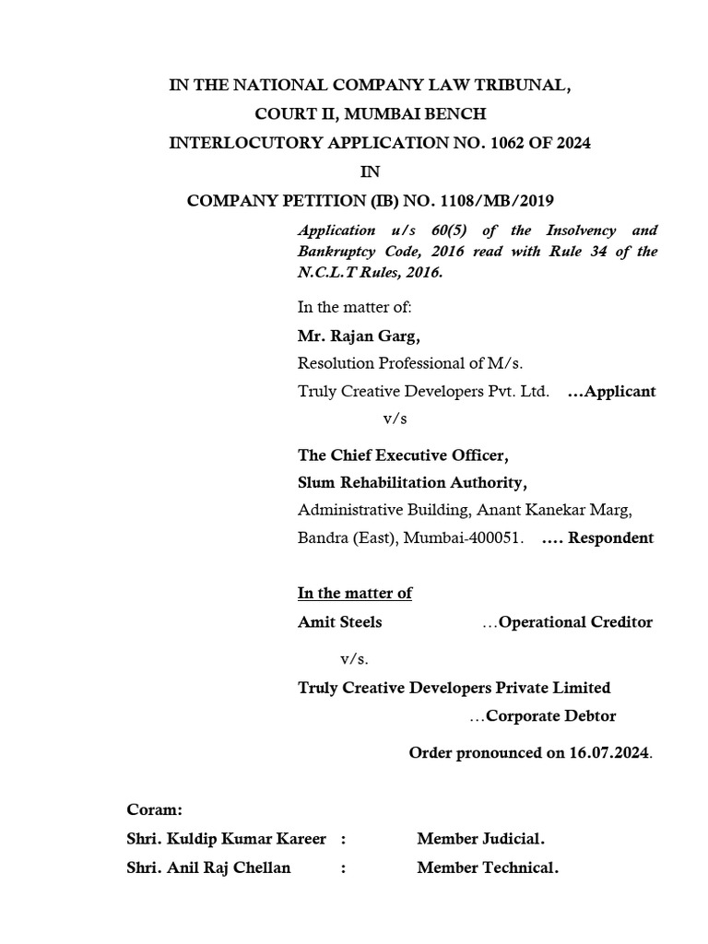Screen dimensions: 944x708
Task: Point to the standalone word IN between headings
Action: pyautogui.click(x=369, y=171)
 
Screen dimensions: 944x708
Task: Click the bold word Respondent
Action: pyautogui.click(x=610, y=537)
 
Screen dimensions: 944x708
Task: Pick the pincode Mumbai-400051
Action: pyautogui.click(x=468, y=537)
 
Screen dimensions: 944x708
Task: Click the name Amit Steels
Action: pyautogui.click(x=339, y=622)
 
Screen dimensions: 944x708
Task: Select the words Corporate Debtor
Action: pyautogui.click(x=550, y=716)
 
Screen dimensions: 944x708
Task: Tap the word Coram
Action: pyautogui.click(x=155, y=809)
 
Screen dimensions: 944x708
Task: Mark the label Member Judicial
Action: pyautogui.click(x=480, y=839)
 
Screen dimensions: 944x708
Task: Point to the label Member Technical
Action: pyautogui.click(x=488, y=867)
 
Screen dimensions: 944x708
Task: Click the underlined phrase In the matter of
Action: pyautogui.click(x=354, y=593)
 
